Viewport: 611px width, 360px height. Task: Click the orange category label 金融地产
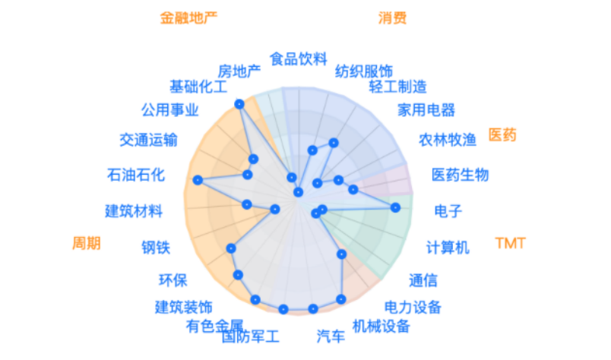pos(189,17)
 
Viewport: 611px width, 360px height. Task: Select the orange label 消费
pos(392,17)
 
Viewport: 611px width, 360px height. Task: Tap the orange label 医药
pos(502,135)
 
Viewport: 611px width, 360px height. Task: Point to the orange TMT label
pos(510,244)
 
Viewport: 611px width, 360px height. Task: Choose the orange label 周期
pos(86,243)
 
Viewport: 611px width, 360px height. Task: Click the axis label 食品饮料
pos(298,58)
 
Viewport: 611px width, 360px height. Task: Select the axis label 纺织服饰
pos(364,71)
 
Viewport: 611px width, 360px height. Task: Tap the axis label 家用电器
pos(426,110)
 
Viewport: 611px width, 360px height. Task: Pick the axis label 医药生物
pos(460,175)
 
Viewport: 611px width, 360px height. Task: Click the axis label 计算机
pos(448,247)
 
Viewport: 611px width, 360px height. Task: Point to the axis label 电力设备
pos(413,308)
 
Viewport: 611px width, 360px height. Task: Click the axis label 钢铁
pos(156,247)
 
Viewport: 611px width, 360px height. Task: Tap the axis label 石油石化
pos(136,175)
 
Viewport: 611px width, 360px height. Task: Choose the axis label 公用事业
pos(170,110)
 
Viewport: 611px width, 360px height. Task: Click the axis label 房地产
pos(239,71)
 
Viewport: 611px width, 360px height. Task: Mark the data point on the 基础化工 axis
pos(239,103)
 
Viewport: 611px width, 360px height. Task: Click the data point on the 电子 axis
pos(394,207)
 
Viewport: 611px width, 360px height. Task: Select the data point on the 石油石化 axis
pos(198,180)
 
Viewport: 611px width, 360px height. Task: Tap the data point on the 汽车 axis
pos(312,308)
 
